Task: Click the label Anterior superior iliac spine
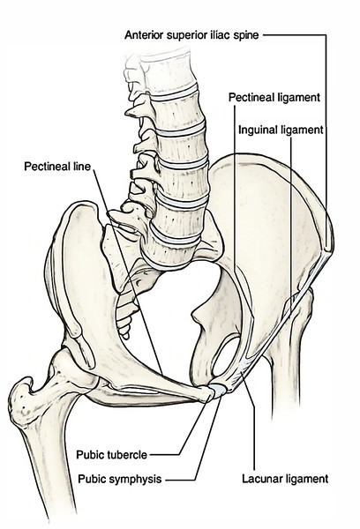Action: click(x=191, y=35)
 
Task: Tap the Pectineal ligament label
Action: click(x=274, y=98)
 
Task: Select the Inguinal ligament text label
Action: click(x=281, y=130)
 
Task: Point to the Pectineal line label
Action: click(x=57, y=167)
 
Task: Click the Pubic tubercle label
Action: click(x=111, y=455)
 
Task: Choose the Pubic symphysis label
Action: click(x=119, y=479)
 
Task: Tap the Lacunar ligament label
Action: click(x=285, y=479)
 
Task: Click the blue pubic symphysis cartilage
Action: click(x=218, y=391)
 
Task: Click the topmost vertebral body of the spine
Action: click(x=168, y=72)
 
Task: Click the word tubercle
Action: click(x=127, y=455)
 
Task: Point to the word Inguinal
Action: click(x=259, y=130)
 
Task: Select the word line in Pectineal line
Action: click(x=82, y=167)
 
